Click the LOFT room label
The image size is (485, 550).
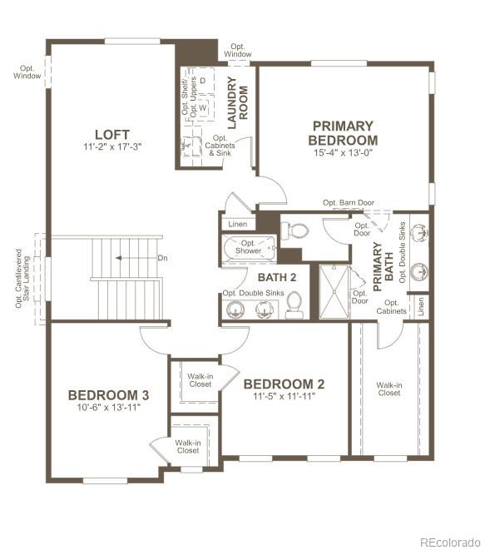click(x=112, y=134)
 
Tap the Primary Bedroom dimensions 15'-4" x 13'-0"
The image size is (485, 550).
click(x=343, y=152)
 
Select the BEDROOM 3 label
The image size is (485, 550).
click(x=109, y=395)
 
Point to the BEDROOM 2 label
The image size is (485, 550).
click(x=284, y=384)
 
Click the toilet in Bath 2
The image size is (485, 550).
click(x=294, y=305)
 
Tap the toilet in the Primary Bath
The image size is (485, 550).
click(x=294, y=230)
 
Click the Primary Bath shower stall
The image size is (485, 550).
click(x=334, y=292)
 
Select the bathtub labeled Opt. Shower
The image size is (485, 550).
click(x=249, y=248)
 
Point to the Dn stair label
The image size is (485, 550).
click(x=162, y=258)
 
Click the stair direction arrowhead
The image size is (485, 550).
click(x=118, y=258)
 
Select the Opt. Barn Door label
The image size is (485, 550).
click(x=349, y=203)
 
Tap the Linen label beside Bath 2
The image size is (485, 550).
click(x=237, y=224)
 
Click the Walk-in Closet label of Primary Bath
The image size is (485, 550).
click(x=389, y=389)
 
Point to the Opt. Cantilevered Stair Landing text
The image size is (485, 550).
click(x=22, y=279)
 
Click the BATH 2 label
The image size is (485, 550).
click(x=277, y=277)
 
